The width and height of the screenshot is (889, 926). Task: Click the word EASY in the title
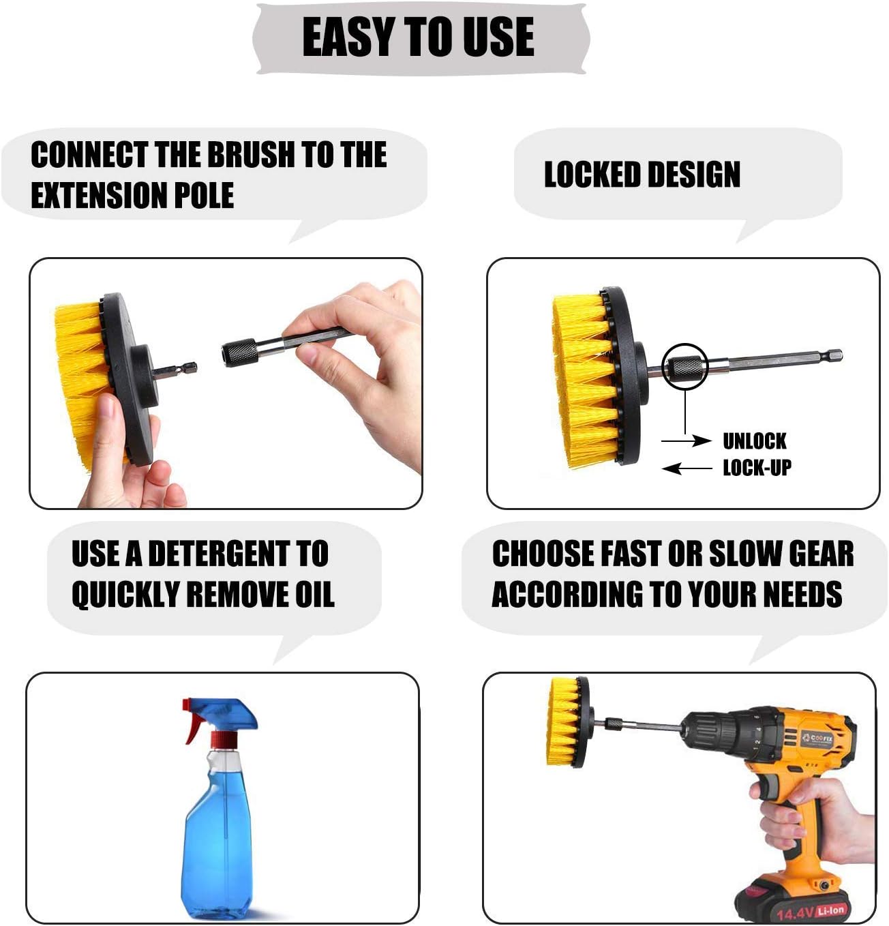point(348,37)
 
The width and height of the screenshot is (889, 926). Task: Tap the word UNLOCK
point(755,441)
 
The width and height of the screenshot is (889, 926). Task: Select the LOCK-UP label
point(757,468)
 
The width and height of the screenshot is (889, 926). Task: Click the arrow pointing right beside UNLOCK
point(686,440)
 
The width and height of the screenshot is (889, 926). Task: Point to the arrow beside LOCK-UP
point(687,468)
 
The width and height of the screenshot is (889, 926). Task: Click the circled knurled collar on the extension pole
point(685,367)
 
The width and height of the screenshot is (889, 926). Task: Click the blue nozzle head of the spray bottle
point(224,714)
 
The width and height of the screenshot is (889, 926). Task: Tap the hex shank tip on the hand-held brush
point(190,368)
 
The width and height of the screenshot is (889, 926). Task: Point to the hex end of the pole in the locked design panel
point(834,355)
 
